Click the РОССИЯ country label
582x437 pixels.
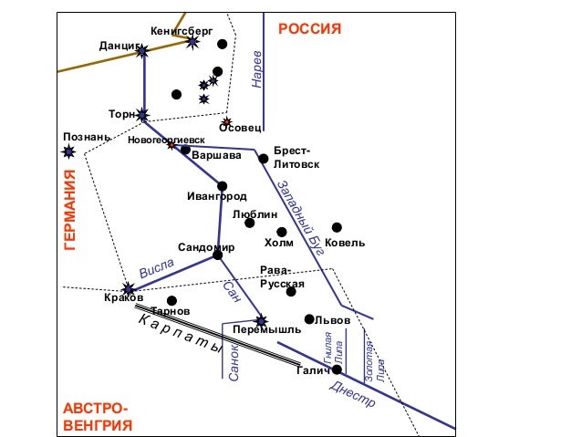(x=309, y=29)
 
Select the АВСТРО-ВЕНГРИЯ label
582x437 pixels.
(x=98, y=417)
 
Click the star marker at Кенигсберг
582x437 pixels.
(x=192, y=41)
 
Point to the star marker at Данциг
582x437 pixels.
(x=142, y=52)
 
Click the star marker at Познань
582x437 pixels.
(x=68, y=151)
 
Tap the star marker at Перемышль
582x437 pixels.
(x=262, y=320)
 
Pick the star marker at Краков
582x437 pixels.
(x=128, y=288)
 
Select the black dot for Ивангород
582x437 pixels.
(x=222, y=186)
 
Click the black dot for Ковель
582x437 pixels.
(x=337, y=227)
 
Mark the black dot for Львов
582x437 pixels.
(x=309, y=319)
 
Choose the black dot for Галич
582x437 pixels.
(x=337, y=369)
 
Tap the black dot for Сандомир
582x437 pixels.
(x=217, y=255)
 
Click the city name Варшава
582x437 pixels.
(x=216, y=155)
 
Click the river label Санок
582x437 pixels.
(x=234, y=362)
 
